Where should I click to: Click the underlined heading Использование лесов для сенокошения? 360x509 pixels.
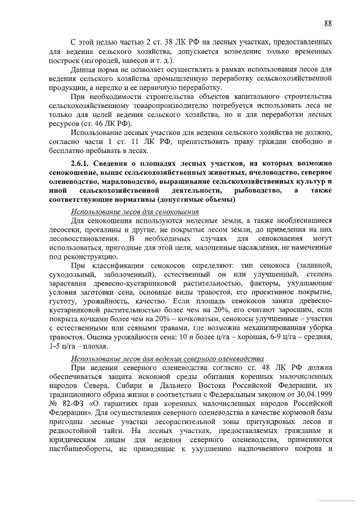[135, 211]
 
